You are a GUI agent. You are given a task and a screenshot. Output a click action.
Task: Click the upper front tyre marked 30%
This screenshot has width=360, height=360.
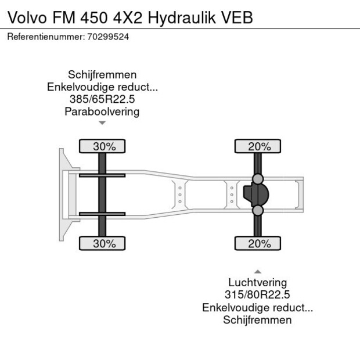point(102,146)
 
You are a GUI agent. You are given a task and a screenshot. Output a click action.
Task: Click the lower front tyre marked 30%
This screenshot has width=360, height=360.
point(102,244)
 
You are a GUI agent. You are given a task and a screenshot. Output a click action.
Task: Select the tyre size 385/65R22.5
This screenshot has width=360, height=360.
point(102,99)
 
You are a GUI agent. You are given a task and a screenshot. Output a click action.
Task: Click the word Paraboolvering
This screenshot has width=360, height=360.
point(102,111)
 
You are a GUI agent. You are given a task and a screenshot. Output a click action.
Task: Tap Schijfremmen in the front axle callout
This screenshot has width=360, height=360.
point(102,75)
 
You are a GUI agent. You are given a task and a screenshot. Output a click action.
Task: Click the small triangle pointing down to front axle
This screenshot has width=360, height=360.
point(102,123)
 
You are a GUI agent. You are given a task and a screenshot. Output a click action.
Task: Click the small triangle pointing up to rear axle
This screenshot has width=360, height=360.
point(257,271)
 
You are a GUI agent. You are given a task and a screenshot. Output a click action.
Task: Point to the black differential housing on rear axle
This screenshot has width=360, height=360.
point(254,195)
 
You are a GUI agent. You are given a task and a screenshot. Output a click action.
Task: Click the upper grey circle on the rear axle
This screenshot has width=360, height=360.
point(258,179)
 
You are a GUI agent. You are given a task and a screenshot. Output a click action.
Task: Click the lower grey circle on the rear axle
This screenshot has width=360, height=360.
point(258,210)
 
